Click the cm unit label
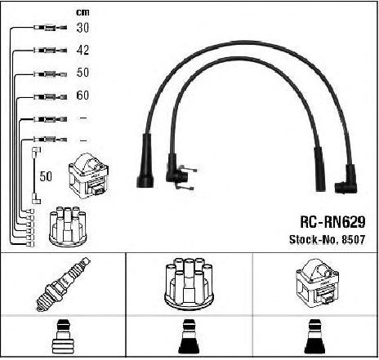(82, 12)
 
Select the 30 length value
(82, 28)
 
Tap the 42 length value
(82, 50)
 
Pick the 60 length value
(82, 95)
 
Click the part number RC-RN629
(332, 222)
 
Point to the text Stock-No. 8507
(327, 239)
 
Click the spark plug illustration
(64, 284)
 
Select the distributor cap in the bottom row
(189, 283)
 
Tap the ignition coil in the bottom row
(318, 283)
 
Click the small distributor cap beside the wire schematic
(68, 226)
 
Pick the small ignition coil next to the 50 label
(89, 176)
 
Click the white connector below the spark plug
(63, 337)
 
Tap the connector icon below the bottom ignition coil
(315, 337)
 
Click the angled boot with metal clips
(178, 172)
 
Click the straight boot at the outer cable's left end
(145, 161)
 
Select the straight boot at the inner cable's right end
(319, 169)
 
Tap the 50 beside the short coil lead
(46, 176)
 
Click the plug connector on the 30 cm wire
(50, 28)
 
